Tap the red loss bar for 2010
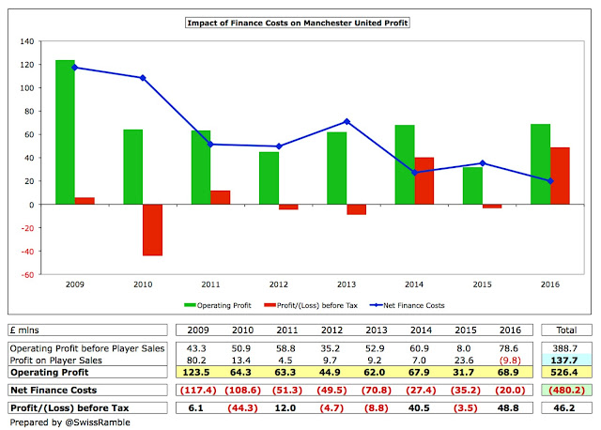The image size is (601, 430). (152, 230)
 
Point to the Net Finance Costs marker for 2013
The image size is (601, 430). (347, 122)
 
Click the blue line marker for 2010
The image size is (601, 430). (143, 78)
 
